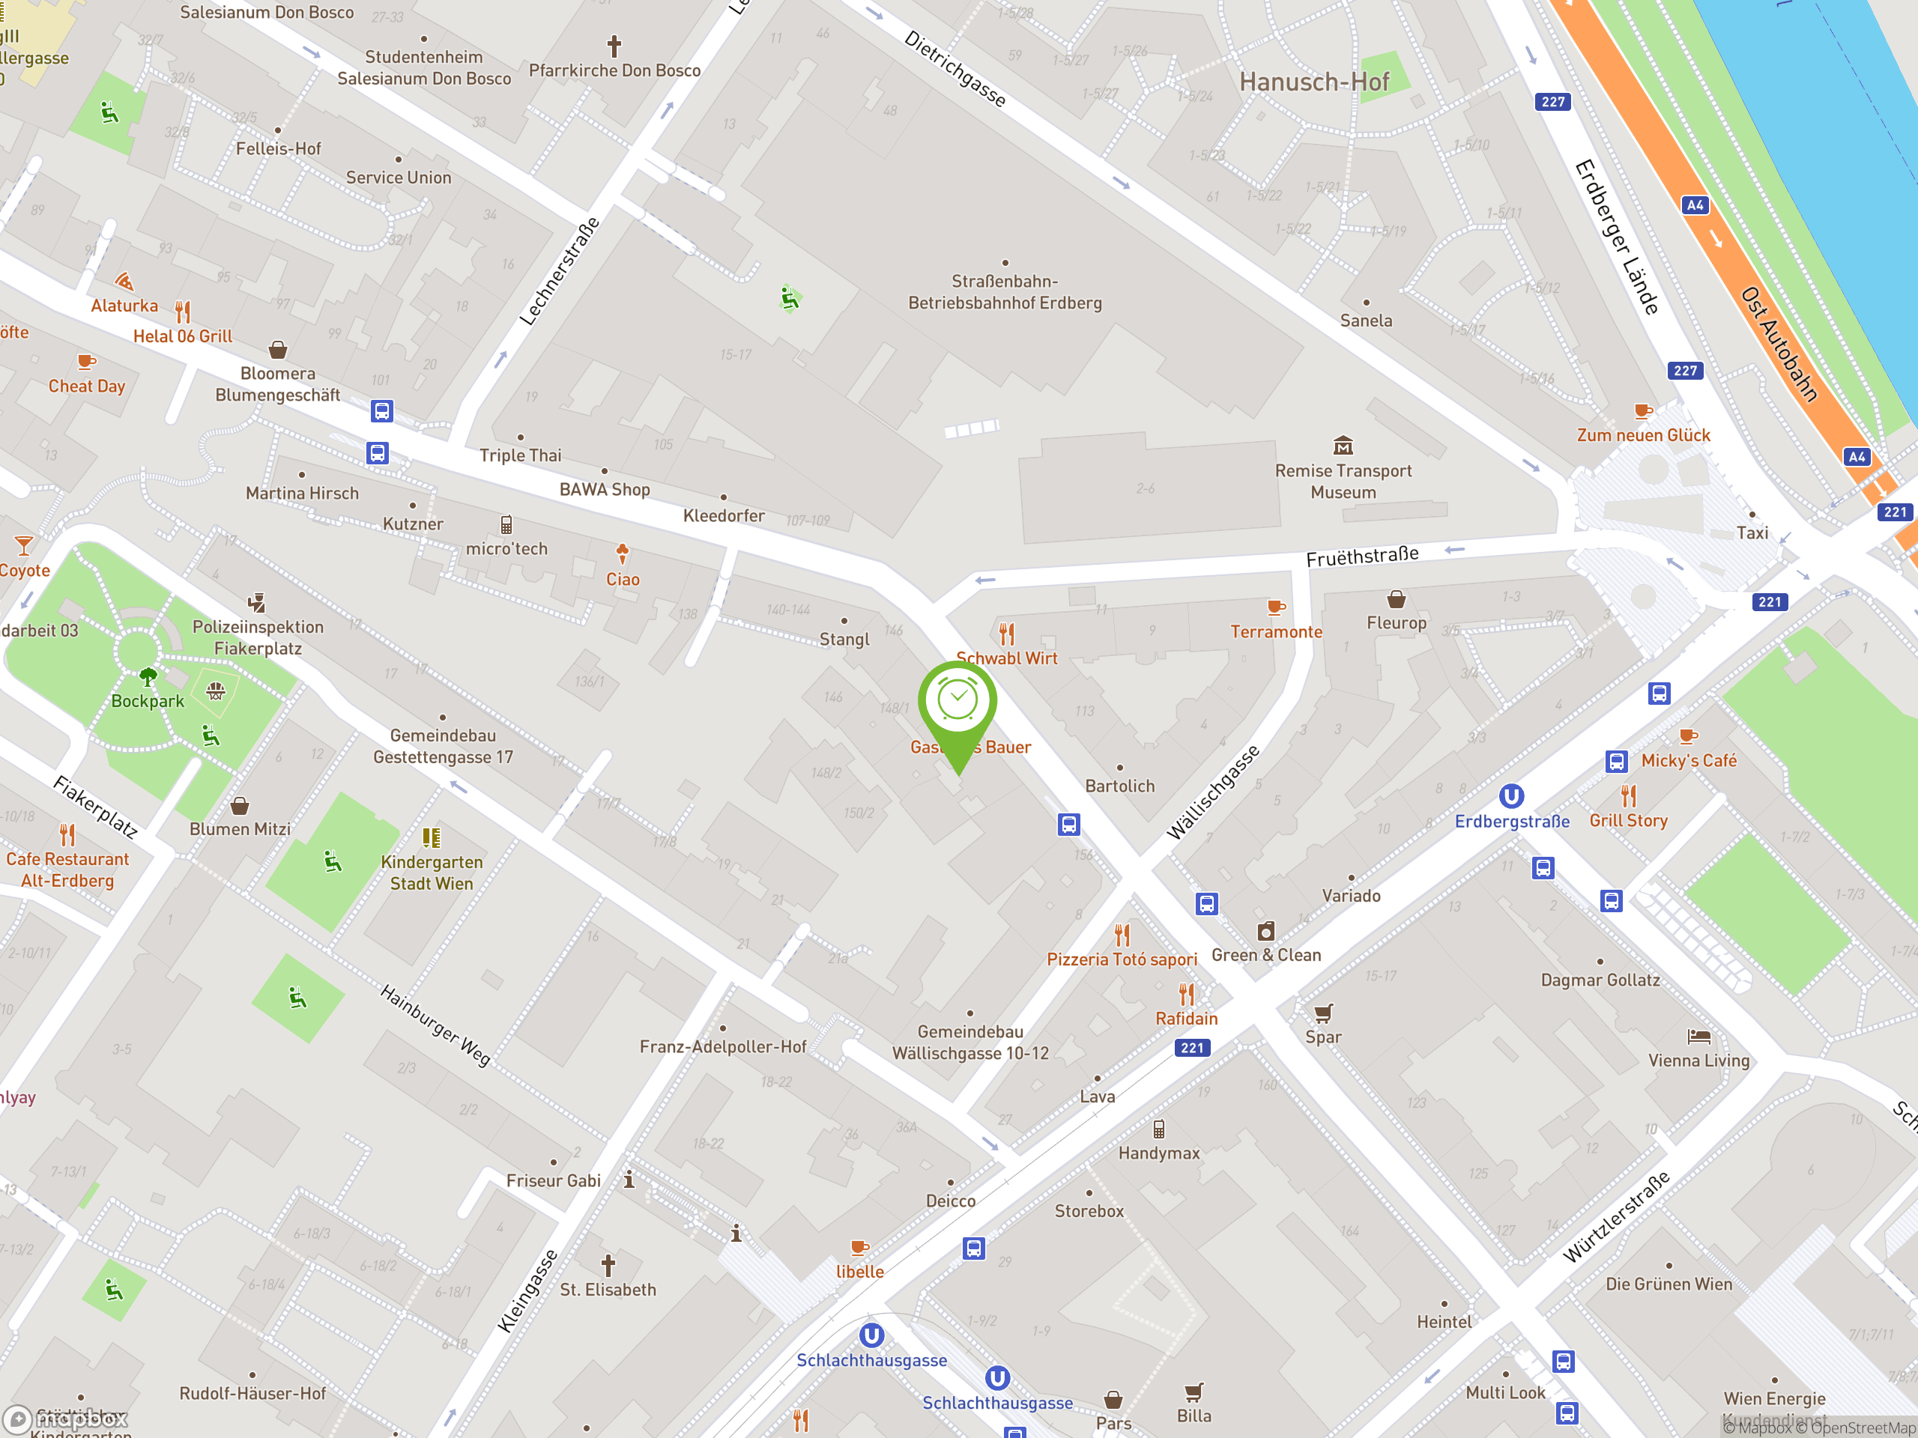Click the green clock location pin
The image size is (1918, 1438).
point(958,702)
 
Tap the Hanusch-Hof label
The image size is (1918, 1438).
point(1313,82)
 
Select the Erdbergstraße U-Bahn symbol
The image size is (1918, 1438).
point(1511,795)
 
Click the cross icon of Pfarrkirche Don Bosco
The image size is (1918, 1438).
point(614,46)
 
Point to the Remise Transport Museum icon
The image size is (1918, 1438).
point(1343,446)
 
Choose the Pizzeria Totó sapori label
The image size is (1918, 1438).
point(1121,959)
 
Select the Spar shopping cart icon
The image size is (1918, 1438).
point(1323,1013)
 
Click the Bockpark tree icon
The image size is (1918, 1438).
point(148,676)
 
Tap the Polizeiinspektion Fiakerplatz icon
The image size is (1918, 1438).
point(257,603)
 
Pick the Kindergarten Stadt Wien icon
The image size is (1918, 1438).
point(431,837)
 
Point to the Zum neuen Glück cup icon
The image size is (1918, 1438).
point(1642,412)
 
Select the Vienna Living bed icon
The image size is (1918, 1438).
point(1698,1037)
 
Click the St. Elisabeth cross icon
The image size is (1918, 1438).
point(608,1266)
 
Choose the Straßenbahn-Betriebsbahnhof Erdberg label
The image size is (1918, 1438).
point(1005,292)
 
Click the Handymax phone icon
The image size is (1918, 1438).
point(1158,1129)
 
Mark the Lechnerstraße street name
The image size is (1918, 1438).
point(559,272)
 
